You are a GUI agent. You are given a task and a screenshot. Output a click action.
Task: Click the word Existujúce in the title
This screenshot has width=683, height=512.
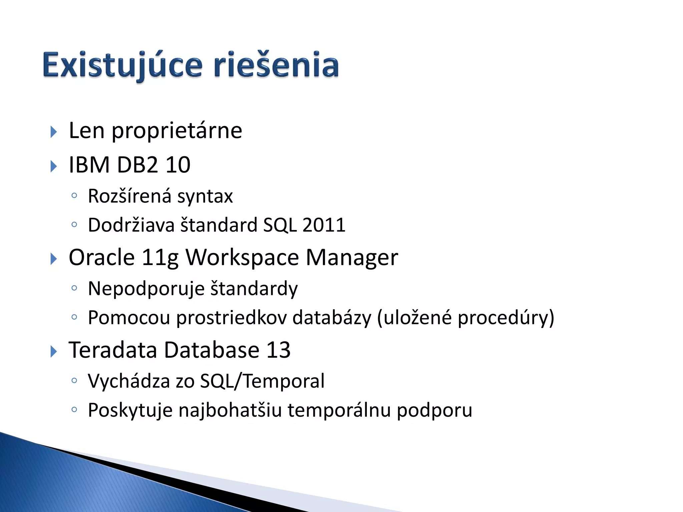(122, 65)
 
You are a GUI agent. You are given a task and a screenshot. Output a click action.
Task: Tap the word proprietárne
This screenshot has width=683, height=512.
(177, 131)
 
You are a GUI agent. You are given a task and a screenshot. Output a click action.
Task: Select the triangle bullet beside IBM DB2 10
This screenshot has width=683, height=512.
(53, 166)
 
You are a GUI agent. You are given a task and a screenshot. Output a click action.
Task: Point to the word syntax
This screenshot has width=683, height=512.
(205, 197)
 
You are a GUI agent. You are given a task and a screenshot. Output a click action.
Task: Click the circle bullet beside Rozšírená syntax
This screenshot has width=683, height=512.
(74, 196)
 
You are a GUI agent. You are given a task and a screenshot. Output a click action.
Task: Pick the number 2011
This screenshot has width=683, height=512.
(323, 225)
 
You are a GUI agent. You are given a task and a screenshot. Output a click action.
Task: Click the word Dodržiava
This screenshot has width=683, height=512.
(131, 225)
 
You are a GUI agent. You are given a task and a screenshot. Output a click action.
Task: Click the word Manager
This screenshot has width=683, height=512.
(352, 258)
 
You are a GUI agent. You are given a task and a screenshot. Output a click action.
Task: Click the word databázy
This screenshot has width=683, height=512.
(331, 318)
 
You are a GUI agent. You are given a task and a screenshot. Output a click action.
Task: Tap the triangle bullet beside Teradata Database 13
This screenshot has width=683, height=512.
(53, 352)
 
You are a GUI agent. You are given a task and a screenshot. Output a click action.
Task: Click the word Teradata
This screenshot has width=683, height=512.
(113, 350)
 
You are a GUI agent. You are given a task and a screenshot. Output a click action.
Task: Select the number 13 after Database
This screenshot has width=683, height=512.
(278, 350)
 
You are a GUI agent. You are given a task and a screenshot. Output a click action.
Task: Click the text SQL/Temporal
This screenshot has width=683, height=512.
(262, 381)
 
